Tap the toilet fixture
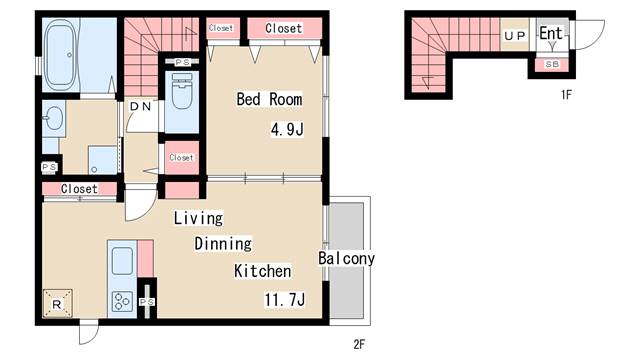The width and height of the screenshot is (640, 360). (182, 91)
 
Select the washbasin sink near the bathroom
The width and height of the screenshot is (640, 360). (53, 118)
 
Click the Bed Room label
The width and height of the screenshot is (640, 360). (269, 99)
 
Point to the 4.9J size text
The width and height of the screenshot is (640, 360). (287, 130)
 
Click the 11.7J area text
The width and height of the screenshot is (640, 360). (284, 300)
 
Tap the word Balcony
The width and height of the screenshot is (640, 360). (346, 258)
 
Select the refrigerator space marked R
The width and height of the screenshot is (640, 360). (58, 304)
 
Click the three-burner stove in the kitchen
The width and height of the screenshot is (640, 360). (122, 302)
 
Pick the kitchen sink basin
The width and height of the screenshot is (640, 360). (122, 261)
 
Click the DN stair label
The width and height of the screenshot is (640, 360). (140, 107)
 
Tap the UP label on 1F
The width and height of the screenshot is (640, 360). (514, 36)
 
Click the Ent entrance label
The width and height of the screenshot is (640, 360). (551, 33)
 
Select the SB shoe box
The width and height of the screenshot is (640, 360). (552, 64)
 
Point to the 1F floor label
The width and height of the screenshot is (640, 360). (566, 95)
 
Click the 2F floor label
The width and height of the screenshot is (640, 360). (359, 344)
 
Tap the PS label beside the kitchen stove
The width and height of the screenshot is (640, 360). (147, 302)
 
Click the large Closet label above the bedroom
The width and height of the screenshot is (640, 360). (284, 28)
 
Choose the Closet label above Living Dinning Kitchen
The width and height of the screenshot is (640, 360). (79, 189)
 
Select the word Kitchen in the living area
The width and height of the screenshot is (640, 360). (262, 271)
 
